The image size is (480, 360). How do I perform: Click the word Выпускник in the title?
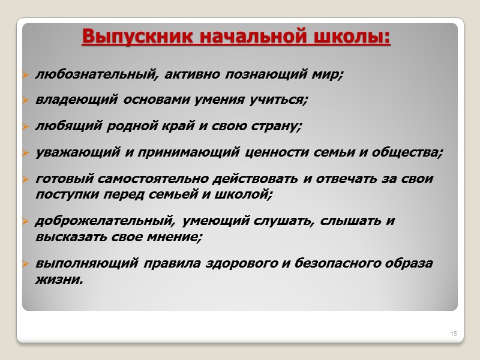(124, 37)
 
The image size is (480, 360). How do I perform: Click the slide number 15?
(454, 333)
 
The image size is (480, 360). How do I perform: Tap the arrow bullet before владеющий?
(26, 101)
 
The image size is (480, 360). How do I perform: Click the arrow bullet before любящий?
(26, 127)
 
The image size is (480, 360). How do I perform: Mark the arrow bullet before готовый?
(26, 179)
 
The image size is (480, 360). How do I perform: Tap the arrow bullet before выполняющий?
(26, 264)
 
